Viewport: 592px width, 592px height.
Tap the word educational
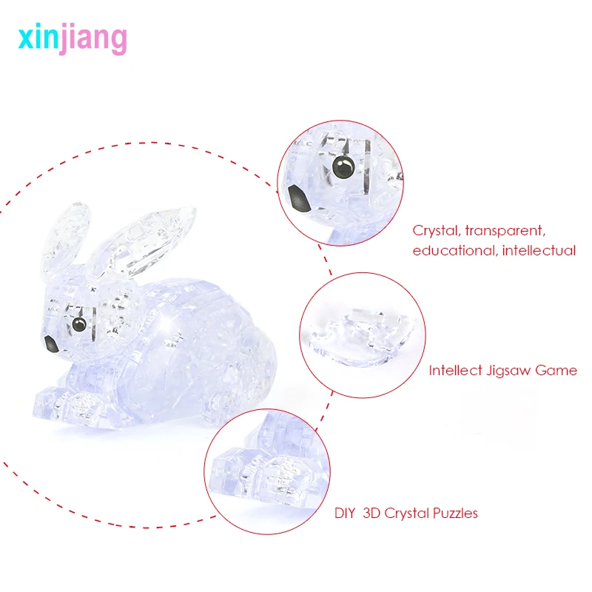click(x=454, y=250)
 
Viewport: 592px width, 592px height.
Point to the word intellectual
click(x=539, y=250)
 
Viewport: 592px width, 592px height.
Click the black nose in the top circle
click(x=297, y=196)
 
